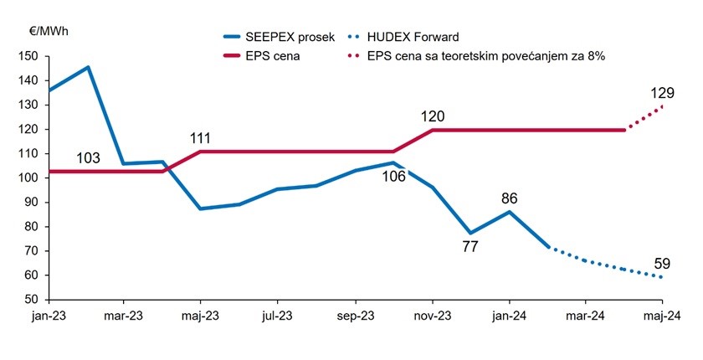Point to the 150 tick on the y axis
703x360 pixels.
pyautogui.click(x=29, y=56)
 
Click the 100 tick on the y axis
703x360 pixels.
pyautogui.click(x=29, y=178)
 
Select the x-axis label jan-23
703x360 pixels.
pyautogui.click(x=48, y=317)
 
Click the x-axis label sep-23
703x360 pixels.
pyautogui.click(x=354, y=317)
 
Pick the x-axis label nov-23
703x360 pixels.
pyautogui.click(x=432, y=317)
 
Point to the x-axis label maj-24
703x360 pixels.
pyautogui.click(x=661, y=317)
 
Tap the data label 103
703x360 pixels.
pyautogui.click(x=89, y=157)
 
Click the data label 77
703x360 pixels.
pyautogui.click(x=470, y=248)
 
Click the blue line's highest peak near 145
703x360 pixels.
pyautogui.click(x=88, y=67)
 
